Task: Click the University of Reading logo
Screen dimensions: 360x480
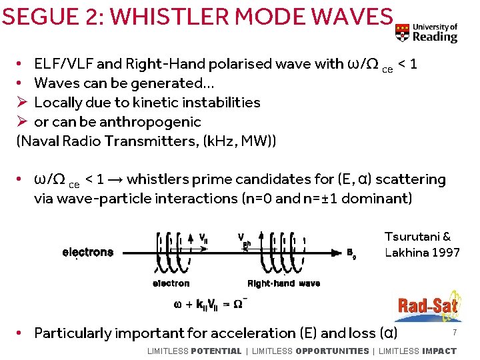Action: click(x=426, y=32)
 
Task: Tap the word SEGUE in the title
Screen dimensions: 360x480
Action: click(x=34, y=17)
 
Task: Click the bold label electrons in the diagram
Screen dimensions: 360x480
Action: click(x=87, y=253)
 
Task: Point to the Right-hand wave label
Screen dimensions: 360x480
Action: click(x=283, y=284)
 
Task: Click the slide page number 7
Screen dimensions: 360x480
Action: click(x=454, y=332)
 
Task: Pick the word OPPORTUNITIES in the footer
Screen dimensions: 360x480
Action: click(x=332, y=351)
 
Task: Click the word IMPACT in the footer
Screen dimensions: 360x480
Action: click(x=439, y=351)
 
